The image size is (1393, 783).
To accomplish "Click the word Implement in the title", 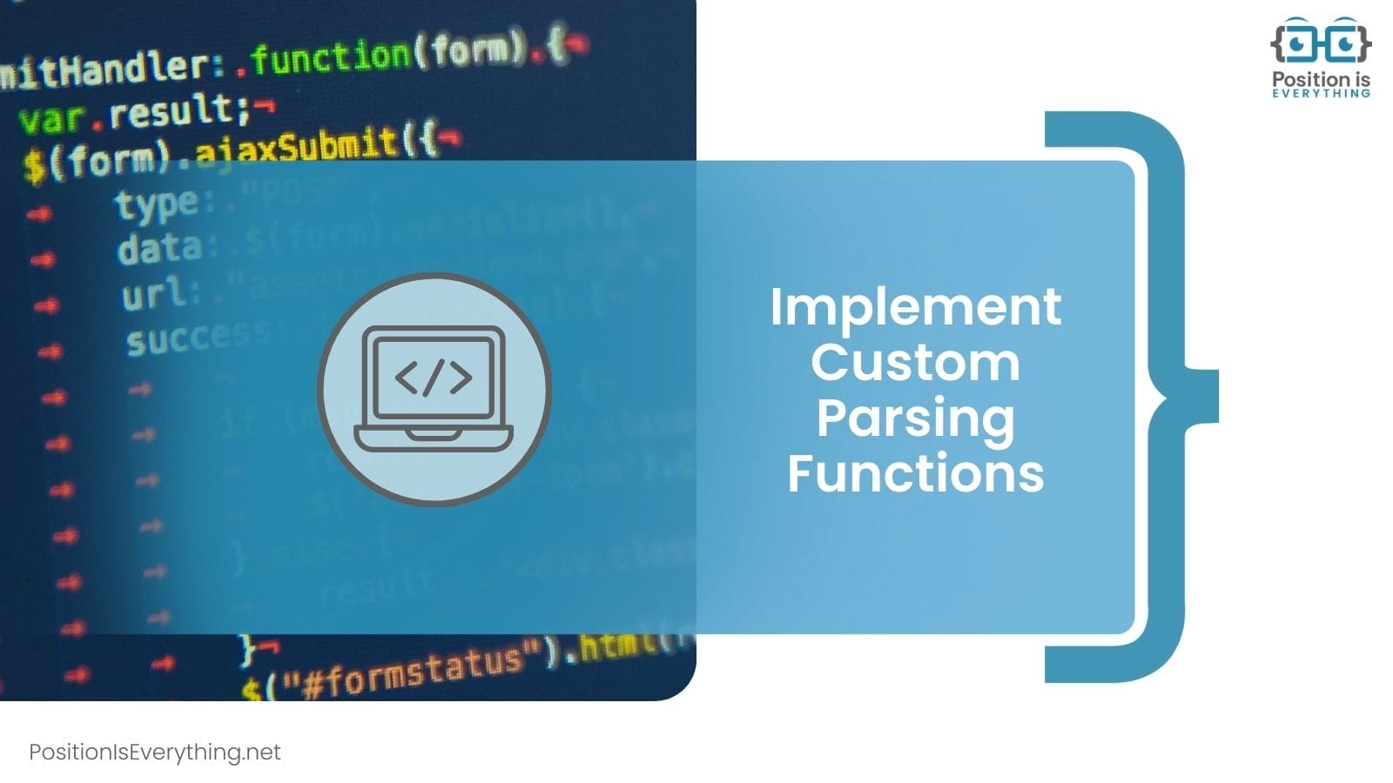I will (x=915, y=307).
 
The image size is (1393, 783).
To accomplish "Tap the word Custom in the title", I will (x=915, y=362).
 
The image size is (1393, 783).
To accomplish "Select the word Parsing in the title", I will (x=915, y=418).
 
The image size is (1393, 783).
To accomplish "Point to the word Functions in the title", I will (x=915, y=473).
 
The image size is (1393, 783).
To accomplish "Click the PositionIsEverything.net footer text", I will (x=155, y=753).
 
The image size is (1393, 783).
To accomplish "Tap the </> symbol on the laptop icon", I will (x=434, y=378).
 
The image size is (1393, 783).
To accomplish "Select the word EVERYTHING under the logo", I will (x=1321, y=93).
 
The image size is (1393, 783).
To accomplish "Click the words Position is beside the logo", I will (x=1321, y=79).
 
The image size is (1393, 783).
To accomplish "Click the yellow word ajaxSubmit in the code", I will (x=296, y=147).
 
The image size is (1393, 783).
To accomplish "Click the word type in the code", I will (x=156, y=205).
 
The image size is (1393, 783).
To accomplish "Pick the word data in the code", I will (x=158, y=250).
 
